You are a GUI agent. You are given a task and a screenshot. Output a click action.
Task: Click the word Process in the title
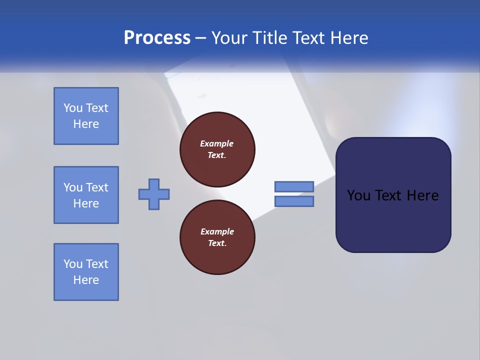coord(157,38)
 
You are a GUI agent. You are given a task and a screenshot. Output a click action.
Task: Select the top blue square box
coord(86,116)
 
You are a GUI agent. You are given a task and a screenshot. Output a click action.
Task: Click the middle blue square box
coord(86,195)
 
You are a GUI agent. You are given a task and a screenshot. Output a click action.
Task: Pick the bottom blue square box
coord(86,272)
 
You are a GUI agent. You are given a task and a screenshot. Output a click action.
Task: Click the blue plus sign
coord(154,194)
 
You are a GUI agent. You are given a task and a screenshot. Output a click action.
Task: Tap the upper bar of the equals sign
coord(294,186)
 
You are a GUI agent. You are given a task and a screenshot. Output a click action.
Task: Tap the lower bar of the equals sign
coord(294,201)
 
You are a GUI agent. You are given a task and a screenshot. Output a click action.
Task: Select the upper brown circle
coord(217,149)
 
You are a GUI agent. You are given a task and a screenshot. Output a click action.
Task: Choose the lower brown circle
coord(217,237)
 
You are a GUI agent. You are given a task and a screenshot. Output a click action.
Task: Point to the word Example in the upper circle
coord(217,143)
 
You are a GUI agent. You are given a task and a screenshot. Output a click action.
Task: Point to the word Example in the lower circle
coord(217,231)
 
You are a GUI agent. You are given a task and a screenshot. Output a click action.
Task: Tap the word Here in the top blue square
coord(86,124)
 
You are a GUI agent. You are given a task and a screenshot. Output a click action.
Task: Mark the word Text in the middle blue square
coord(96,187)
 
